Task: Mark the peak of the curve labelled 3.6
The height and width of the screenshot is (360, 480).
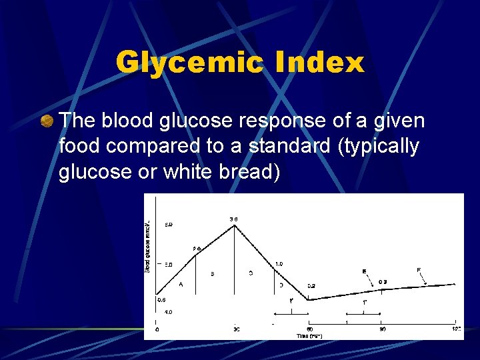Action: coord(234,225)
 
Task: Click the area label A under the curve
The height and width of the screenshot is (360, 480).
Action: coord(181,285)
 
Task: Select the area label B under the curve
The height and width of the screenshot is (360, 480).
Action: coord(212,274)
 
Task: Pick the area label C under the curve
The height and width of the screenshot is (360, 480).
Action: coord(251,273)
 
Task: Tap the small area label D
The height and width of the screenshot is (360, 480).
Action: coord(281,285)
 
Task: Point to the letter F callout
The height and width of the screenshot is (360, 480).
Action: coord(418,269)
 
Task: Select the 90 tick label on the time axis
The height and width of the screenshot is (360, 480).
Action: coord(382,329)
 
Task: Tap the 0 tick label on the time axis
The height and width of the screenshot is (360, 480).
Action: coord(157,329)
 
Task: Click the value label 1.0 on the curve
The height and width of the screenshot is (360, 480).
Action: coord(279,264)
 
